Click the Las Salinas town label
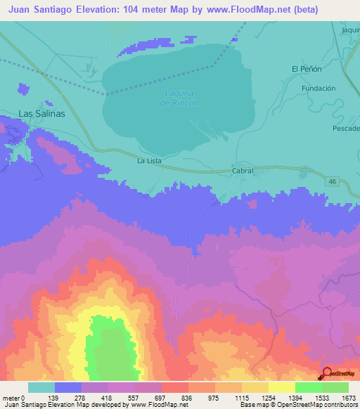(41, 113)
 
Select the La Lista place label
(149, 161)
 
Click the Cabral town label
(242, 171)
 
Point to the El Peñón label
(306, 69)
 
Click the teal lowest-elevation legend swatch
(41, 387)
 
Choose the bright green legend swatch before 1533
(308, 387)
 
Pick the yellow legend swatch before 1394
(281, 387)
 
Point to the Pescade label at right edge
(345, 129)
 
